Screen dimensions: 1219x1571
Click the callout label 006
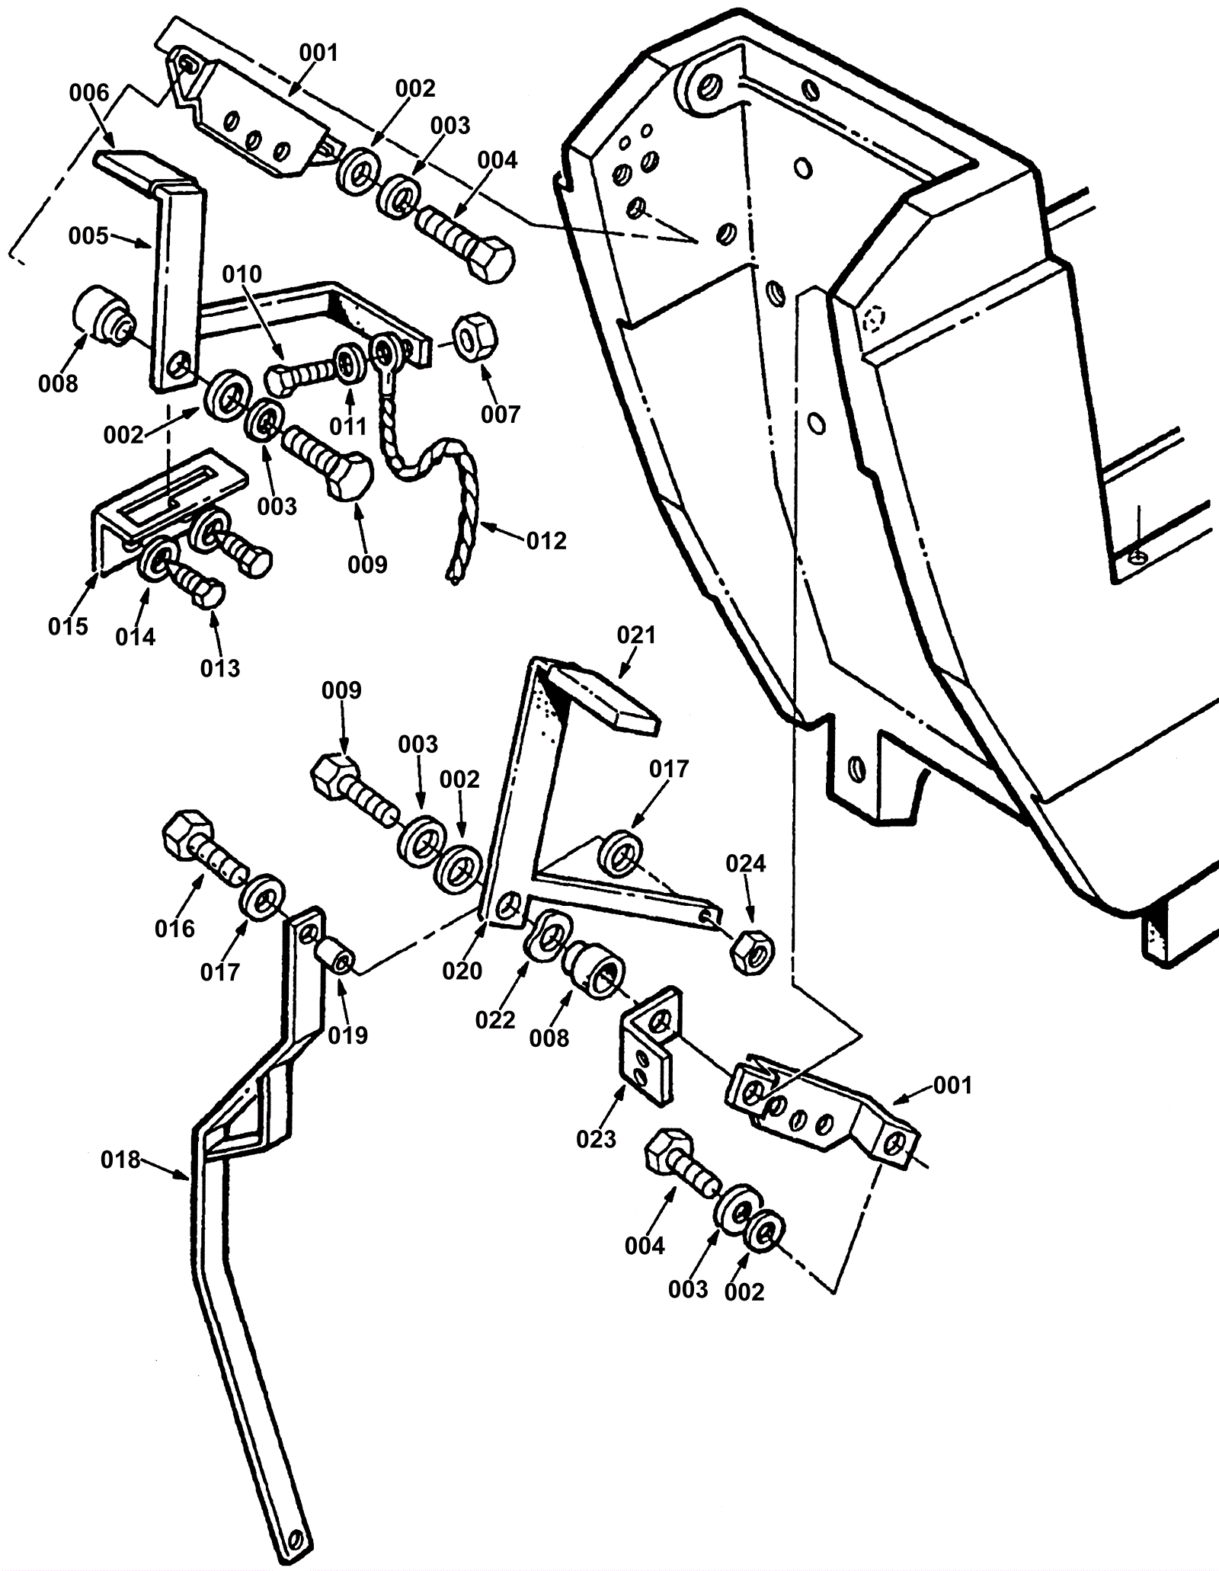tap(89, 93)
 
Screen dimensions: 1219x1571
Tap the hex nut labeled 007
tap(475, 336)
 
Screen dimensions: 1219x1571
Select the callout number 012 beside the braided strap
tap(546, 541)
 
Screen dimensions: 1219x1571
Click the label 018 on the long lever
tap(121, 1160)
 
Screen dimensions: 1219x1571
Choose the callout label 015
tap(69, 626)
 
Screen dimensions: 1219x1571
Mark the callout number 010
tap(242, 274)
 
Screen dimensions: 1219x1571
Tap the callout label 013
tap(220, 668)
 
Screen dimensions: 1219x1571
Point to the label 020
tap(462, 971)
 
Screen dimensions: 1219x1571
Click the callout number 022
tap(495, 1019)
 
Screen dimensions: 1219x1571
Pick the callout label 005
tap(88, 235)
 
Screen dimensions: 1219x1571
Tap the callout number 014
tap(136, 637)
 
